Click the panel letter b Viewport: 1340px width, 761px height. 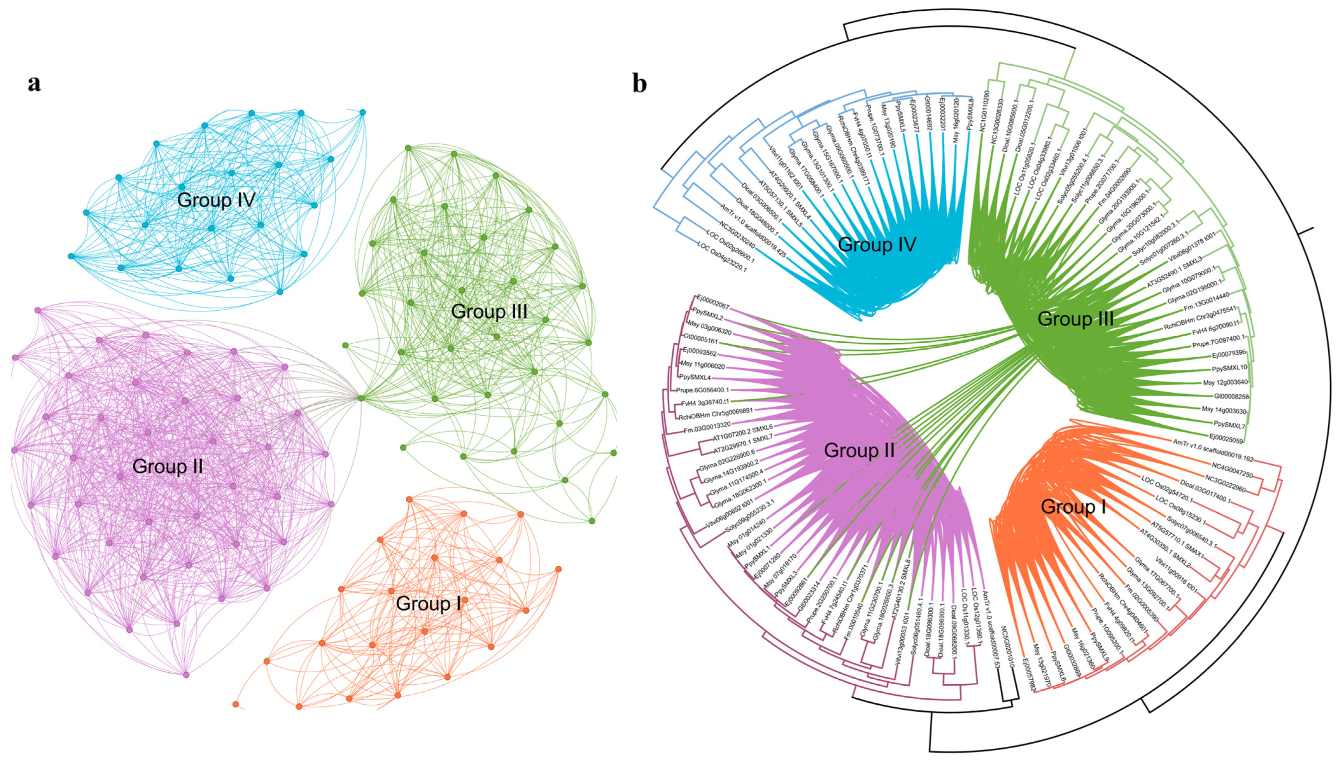[x=640, y=83]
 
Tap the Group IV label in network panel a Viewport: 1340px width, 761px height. [x=216, y=200]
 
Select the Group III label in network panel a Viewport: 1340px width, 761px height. [x=489, y=312]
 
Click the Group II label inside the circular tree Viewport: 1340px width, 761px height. [x=859, y=451]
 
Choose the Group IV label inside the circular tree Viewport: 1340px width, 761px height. [x=877, y=244]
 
